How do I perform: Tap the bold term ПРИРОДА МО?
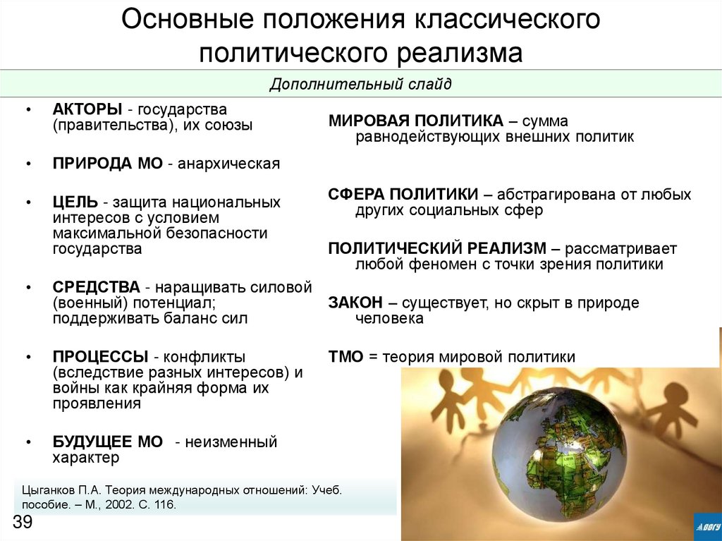[108, 164]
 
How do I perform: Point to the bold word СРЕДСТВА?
[96, 288]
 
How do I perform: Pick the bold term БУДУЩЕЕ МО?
[108, 442]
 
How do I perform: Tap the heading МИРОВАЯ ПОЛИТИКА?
[415, 121]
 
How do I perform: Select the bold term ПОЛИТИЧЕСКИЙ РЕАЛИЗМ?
[437, 249]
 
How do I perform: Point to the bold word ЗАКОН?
[355, 303]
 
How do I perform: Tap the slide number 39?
[23, 522]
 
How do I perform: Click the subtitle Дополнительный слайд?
[360, 85]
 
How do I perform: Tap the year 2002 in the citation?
[118, 506]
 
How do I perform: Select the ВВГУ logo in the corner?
[707, 525]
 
